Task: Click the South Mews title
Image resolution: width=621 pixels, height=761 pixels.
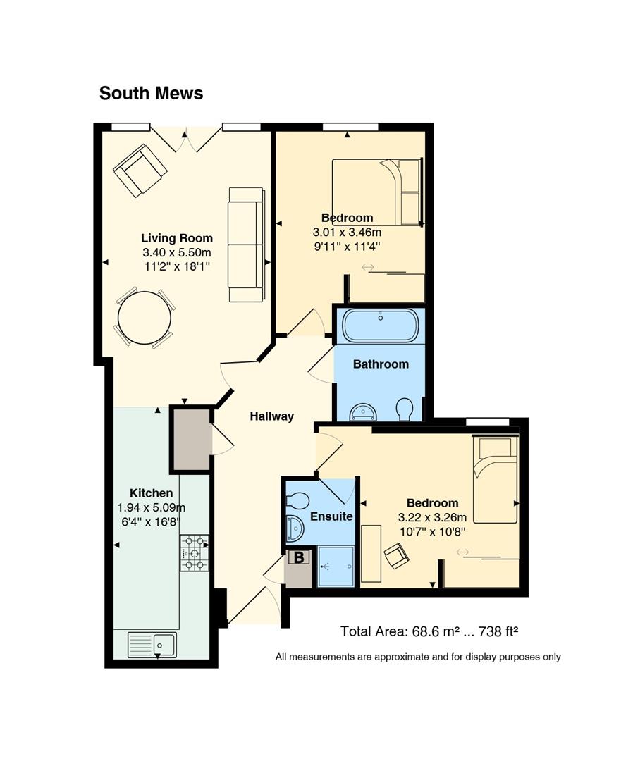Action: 151,93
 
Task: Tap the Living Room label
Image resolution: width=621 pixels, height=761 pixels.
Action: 177,238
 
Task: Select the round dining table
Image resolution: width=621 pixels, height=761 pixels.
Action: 145,318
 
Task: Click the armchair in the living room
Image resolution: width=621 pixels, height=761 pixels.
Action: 140,170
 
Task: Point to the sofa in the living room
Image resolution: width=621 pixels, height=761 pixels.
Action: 247,244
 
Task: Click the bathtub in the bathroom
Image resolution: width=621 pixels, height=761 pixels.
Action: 380,325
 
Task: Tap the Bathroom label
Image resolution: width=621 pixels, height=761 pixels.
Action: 381,364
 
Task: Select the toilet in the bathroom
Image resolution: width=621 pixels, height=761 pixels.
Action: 405,409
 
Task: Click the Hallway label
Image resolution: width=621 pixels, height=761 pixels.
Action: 272,416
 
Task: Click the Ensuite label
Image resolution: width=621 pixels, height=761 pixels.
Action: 331,516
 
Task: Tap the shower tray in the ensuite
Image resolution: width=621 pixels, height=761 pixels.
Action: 336,567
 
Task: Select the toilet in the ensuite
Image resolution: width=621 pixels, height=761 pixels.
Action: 298,500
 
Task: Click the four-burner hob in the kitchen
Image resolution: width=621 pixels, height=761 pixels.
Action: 195,553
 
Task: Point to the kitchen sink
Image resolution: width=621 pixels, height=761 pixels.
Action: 152,645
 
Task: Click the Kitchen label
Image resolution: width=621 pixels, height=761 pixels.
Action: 152,493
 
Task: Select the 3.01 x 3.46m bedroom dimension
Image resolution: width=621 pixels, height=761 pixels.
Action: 348,233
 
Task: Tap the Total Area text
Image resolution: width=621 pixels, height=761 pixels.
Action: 429,631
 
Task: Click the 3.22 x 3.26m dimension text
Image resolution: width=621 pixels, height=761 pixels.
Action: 433,517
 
